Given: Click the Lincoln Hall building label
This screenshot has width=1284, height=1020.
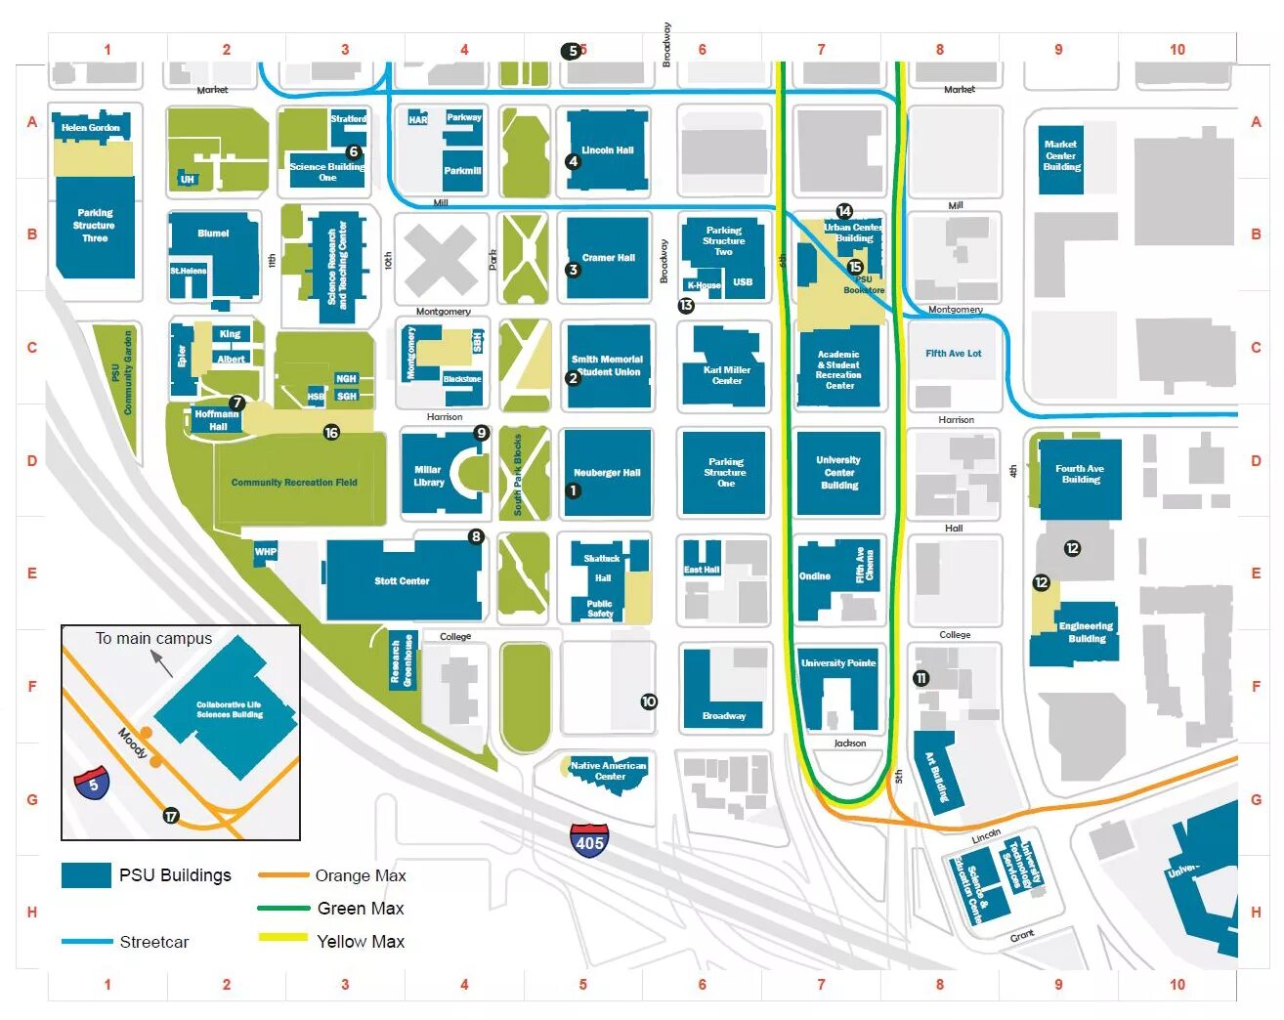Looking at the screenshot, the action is tap(607, 150).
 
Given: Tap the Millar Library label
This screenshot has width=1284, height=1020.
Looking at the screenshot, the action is tap(428, 476).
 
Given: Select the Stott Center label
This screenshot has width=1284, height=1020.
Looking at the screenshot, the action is tap(402, 581).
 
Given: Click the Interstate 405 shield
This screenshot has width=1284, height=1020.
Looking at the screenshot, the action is tap(589, 840).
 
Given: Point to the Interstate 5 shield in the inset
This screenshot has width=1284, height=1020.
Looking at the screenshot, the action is tap(92, 784).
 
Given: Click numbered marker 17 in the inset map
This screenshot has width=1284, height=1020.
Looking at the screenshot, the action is tap(171, 816).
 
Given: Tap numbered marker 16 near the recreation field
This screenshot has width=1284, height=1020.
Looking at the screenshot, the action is tap(331, 433).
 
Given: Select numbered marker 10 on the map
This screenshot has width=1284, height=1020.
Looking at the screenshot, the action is tap(649, 701).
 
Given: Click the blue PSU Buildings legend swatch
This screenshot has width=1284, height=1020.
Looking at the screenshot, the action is tap(86, 875).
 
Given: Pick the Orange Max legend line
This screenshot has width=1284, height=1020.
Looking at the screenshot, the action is tap(282, 875).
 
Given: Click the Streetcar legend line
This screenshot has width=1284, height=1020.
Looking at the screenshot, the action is tap(86, 942).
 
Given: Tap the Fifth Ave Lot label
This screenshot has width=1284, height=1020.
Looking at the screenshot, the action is tap(953, 354).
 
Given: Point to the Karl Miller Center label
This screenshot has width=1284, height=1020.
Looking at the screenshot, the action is tap(727, 375).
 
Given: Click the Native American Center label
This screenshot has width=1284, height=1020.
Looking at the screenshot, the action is tap(609, 771).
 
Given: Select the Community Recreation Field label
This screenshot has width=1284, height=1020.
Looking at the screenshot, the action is tap(294, 483).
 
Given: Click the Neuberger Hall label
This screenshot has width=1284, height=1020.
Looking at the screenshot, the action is tap(607, 473).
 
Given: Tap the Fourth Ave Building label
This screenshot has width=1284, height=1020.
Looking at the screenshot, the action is tap(1080, 474).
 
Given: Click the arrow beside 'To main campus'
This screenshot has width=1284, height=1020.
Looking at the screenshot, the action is tap(162, 663).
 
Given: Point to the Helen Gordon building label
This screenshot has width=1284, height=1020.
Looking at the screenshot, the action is tap(90, 128).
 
